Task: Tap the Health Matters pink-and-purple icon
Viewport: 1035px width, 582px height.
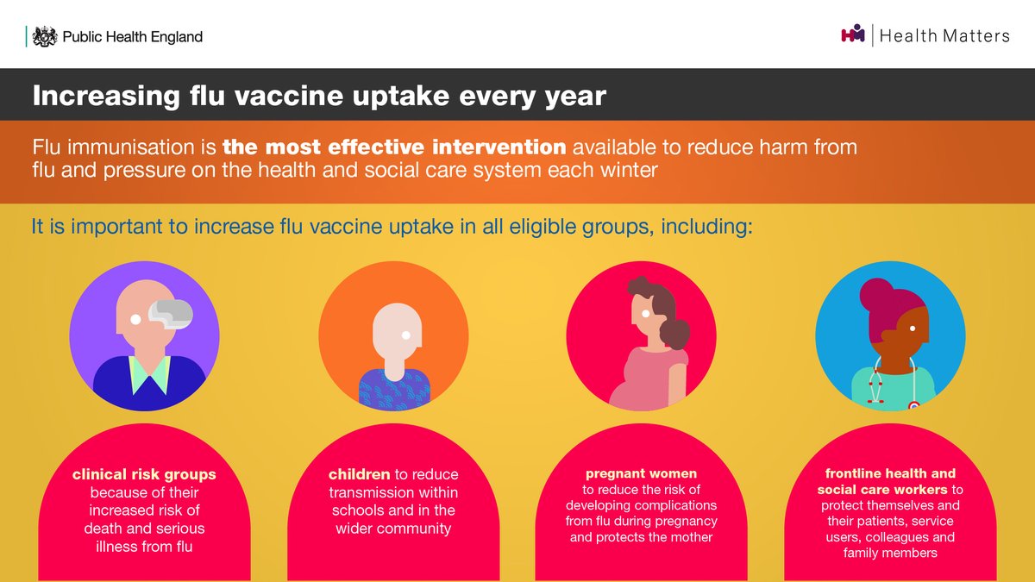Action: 852,35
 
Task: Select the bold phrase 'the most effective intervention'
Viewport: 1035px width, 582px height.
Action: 394,147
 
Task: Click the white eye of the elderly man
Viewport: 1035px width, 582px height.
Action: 135,320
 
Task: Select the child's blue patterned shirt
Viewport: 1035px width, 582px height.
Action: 394,389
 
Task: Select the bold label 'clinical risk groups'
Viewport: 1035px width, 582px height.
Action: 144,474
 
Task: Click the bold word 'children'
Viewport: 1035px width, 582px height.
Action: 359,474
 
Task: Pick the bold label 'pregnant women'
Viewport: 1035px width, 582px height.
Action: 641,473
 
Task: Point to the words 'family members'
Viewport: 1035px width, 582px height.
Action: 890,553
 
